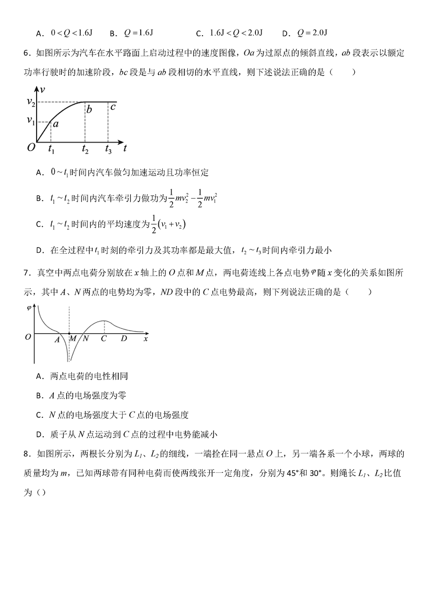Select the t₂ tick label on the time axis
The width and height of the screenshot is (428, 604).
(x=85, y=149)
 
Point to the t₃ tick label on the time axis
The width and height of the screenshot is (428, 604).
(x=108, y=149)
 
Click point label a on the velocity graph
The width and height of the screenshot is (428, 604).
(x=55, y=124)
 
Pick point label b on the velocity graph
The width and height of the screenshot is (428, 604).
(x=89, y=111)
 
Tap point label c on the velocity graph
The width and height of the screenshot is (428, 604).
(x=113, y=107)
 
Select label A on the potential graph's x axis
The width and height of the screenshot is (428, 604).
(x=57, y=339)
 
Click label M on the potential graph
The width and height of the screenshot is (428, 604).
(x=73, y=338)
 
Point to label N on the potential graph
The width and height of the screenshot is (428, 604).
(x=86, y=338)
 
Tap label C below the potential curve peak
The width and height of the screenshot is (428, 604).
(x=104, y=338)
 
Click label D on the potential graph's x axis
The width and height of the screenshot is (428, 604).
(x=124, y=338)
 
